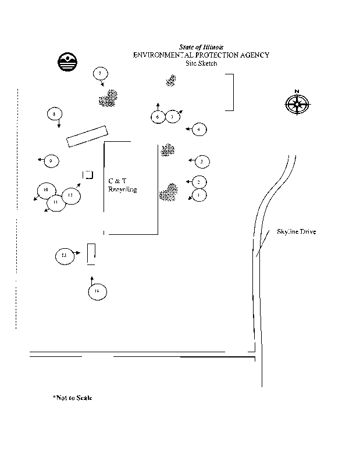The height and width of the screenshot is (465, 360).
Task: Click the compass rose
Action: (297, 105)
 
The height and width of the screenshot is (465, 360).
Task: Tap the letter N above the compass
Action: (297, 91)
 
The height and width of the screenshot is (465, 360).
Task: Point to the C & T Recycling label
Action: (122, 185)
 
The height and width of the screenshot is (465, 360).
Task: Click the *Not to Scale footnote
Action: (73, 398)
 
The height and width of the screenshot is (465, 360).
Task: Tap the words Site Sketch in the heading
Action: (201, 63)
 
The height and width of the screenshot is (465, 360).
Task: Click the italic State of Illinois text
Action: (201, 46)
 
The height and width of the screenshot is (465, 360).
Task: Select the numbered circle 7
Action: (101, 74)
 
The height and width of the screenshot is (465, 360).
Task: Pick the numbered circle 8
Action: (54, 115)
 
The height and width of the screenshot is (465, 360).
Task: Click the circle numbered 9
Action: (51, 161)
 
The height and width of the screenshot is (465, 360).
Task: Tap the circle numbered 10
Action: (45, 190)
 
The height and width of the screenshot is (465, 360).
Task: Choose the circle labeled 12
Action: (70, 196)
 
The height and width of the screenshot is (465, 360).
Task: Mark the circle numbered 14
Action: (97, 291)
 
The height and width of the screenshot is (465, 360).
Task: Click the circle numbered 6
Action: (158, 117)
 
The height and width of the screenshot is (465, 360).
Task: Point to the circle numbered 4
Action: (199, 129)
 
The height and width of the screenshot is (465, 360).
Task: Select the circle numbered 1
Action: (198, 195)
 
